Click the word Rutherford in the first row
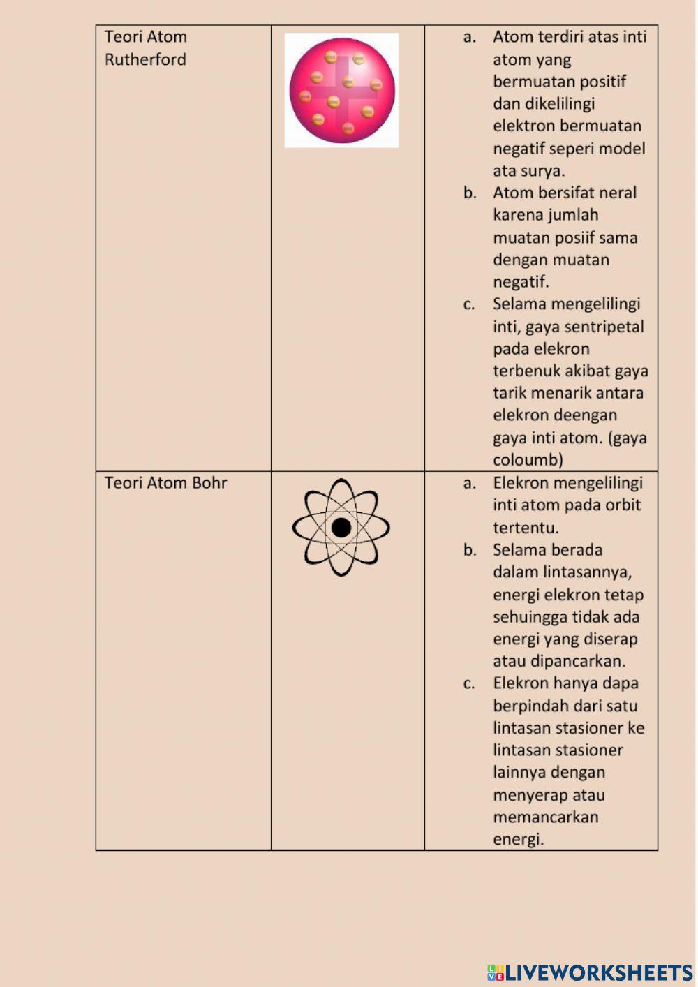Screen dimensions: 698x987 (145, 59)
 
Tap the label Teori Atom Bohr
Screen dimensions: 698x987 (165, 483)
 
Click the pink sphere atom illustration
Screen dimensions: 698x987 (342, 91)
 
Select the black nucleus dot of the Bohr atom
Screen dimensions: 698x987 (341, 528)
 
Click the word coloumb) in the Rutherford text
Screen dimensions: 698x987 (528, 460)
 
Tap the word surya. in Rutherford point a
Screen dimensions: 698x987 (547, 170)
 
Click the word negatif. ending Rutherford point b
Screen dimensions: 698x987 (521, 282)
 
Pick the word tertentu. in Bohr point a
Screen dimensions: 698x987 (526, 528)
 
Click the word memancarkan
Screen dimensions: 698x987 (545, 817)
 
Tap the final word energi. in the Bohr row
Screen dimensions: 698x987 (518, 839)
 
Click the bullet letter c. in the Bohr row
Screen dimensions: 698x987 (469, 684)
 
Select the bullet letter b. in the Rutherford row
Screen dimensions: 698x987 (470, 193)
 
